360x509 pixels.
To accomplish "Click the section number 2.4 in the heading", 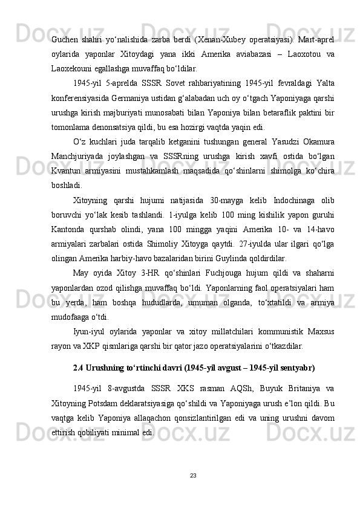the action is (78, 367).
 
